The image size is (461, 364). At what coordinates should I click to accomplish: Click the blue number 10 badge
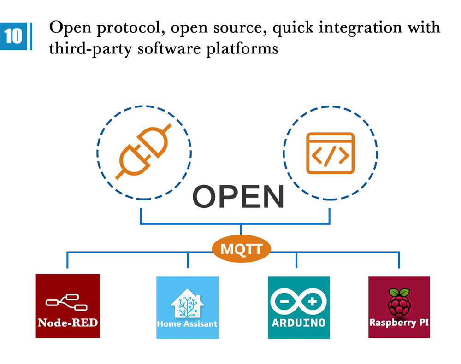click(x=14, y=35)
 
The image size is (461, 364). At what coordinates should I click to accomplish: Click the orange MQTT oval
click(x=241, y=249)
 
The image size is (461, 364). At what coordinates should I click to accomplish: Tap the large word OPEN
click(x=238, y=197)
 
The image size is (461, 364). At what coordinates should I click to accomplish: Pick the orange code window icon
click(x=330, y=153)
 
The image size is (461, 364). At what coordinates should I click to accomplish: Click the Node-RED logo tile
click(x=68, y=306)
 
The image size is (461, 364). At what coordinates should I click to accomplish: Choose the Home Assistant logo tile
click(x=187, y=307)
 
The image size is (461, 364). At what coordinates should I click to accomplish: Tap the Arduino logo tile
click(x=299, y=307)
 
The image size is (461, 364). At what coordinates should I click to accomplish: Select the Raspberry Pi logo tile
click(x=399, y=307)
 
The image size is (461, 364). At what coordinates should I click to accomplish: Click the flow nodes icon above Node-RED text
click(x=67, y=302)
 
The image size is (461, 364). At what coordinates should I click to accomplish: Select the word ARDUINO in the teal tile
click(x=299, y=323)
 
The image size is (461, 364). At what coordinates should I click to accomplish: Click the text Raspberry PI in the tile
click(x=399, y=322)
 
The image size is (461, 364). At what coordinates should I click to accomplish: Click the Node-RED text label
click(x=68, y=322)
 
